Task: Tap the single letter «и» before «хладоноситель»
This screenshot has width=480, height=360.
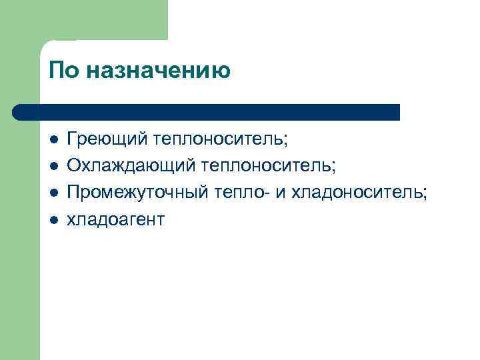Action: pos(279,192)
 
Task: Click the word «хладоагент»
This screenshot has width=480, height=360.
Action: pos(115,218)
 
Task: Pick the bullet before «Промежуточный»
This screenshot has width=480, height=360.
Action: pos(53,193)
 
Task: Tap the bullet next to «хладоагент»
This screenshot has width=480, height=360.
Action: pos(53,218)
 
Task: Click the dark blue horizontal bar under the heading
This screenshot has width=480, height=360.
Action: pos(207,112)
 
